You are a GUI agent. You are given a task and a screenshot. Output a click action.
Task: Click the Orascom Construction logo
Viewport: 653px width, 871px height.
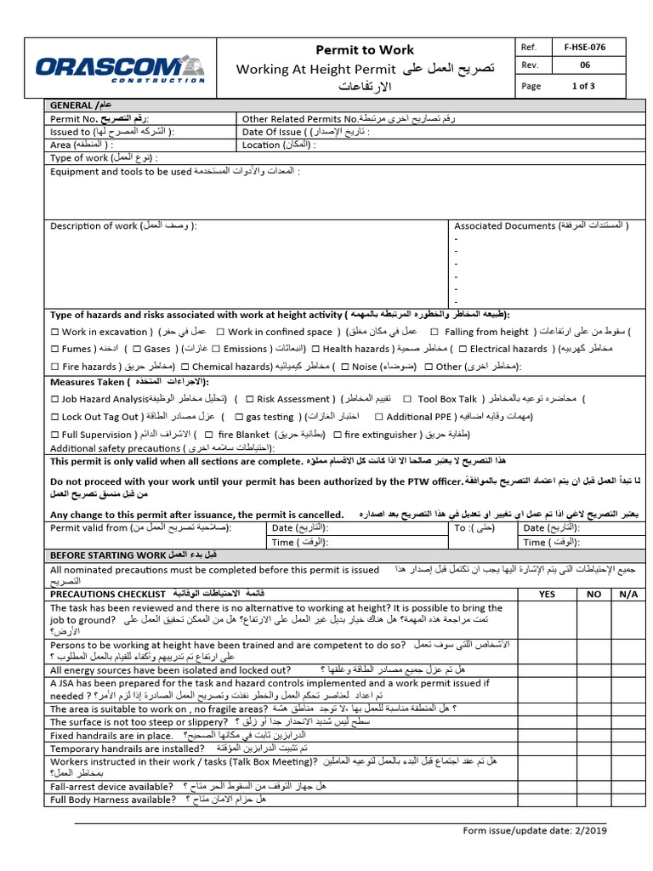click(120, 67)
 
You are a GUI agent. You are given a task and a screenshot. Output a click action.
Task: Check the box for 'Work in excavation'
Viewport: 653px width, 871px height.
click(55, 332)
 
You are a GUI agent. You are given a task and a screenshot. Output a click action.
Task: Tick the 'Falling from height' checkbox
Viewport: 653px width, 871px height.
click(434, 332)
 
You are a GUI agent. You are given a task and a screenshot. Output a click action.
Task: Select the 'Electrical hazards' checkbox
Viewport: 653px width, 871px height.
click(462, 349)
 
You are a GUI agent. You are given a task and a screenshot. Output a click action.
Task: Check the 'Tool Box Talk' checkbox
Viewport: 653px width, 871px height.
click(407, 399)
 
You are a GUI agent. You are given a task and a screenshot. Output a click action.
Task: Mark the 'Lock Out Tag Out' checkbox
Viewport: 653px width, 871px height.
click(55, 417)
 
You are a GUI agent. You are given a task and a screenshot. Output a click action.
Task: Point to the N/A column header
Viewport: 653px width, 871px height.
click(627, 595)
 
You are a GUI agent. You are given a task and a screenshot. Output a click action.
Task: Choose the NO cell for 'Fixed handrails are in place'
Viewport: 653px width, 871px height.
click(593, 735)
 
